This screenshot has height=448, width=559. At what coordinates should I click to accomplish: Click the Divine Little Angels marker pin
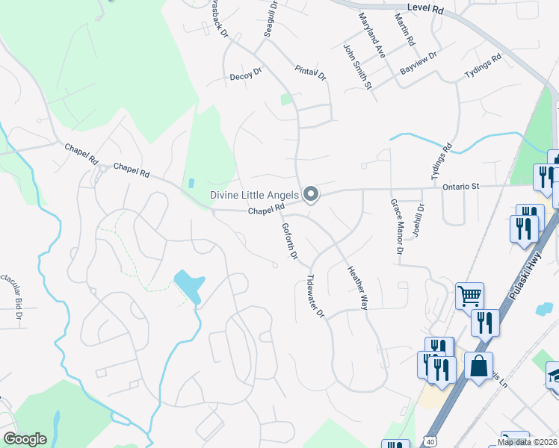(x=312, y=196)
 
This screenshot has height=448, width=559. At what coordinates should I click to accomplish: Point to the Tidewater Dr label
(x=315, y=297)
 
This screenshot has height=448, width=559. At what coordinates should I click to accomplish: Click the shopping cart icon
(x=469, y=296)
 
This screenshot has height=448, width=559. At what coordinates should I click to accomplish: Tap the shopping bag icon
(x=478, y=366)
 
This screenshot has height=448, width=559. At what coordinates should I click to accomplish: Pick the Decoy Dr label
(x=246, y=75)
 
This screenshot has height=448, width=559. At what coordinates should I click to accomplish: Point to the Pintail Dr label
(x=311, y=72)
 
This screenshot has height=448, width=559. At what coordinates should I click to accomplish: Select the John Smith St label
(x=358, y=66)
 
